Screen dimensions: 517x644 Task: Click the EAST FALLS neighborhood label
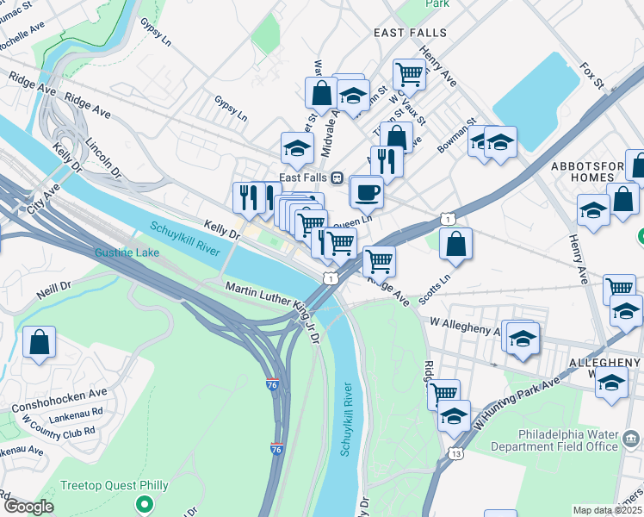(410, 33)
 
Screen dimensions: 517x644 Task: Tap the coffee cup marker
(368, 191)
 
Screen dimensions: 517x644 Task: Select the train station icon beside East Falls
(337, 177)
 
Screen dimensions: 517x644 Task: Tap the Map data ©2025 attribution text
(607, 510)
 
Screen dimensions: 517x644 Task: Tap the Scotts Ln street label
(435, 290)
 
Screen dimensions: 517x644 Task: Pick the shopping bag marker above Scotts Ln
(455, 244)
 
